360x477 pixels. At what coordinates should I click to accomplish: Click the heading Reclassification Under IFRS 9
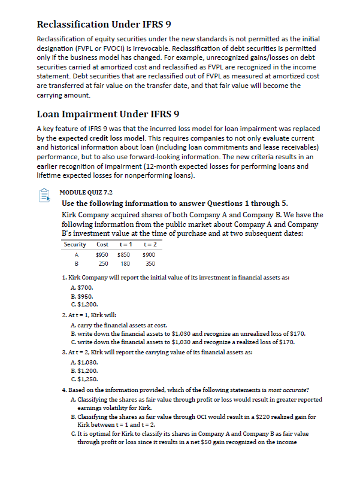tap(104, 25)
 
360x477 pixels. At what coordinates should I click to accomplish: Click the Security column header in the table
tap(75, 244)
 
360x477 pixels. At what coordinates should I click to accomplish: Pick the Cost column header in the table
tap(102, 244)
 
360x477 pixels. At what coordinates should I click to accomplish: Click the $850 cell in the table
tap(125, 254)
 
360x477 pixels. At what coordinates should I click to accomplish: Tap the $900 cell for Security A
tap(149, 254)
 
